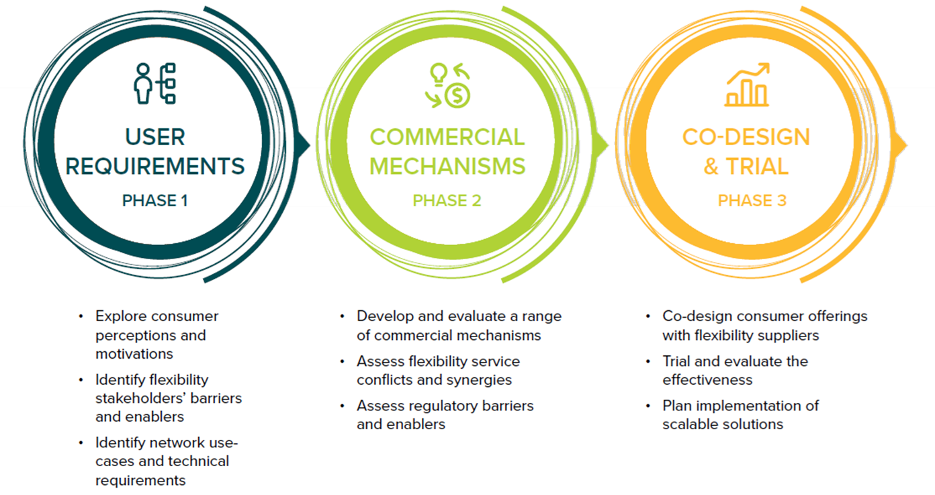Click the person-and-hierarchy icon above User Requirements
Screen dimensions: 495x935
154,83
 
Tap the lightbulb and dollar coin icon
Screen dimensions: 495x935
447,85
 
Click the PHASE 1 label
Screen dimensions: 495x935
154,200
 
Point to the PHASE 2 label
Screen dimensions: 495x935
447,200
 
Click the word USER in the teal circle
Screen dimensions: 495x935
154,137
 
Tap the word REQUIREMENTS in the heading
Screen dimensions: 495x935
154,166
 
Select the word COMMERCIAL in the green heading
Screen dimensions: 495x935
447,137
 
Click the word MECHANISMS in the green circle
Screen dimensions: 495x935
447,166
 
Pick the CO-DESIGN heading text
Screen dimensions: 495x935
746,137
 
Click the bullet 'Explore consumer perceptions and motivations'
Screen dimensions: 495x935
157,334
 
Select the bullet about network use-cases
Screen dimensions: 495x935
167,461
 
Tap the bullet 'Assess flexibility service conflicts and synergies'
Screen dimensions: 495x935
438,370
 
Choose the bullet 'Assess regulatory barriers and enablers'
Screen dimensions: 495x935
445,414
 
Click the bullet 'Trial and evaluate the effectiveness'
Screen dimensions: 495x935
735,370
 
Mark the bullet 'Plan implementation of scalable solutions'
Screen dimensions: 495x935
740,414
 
